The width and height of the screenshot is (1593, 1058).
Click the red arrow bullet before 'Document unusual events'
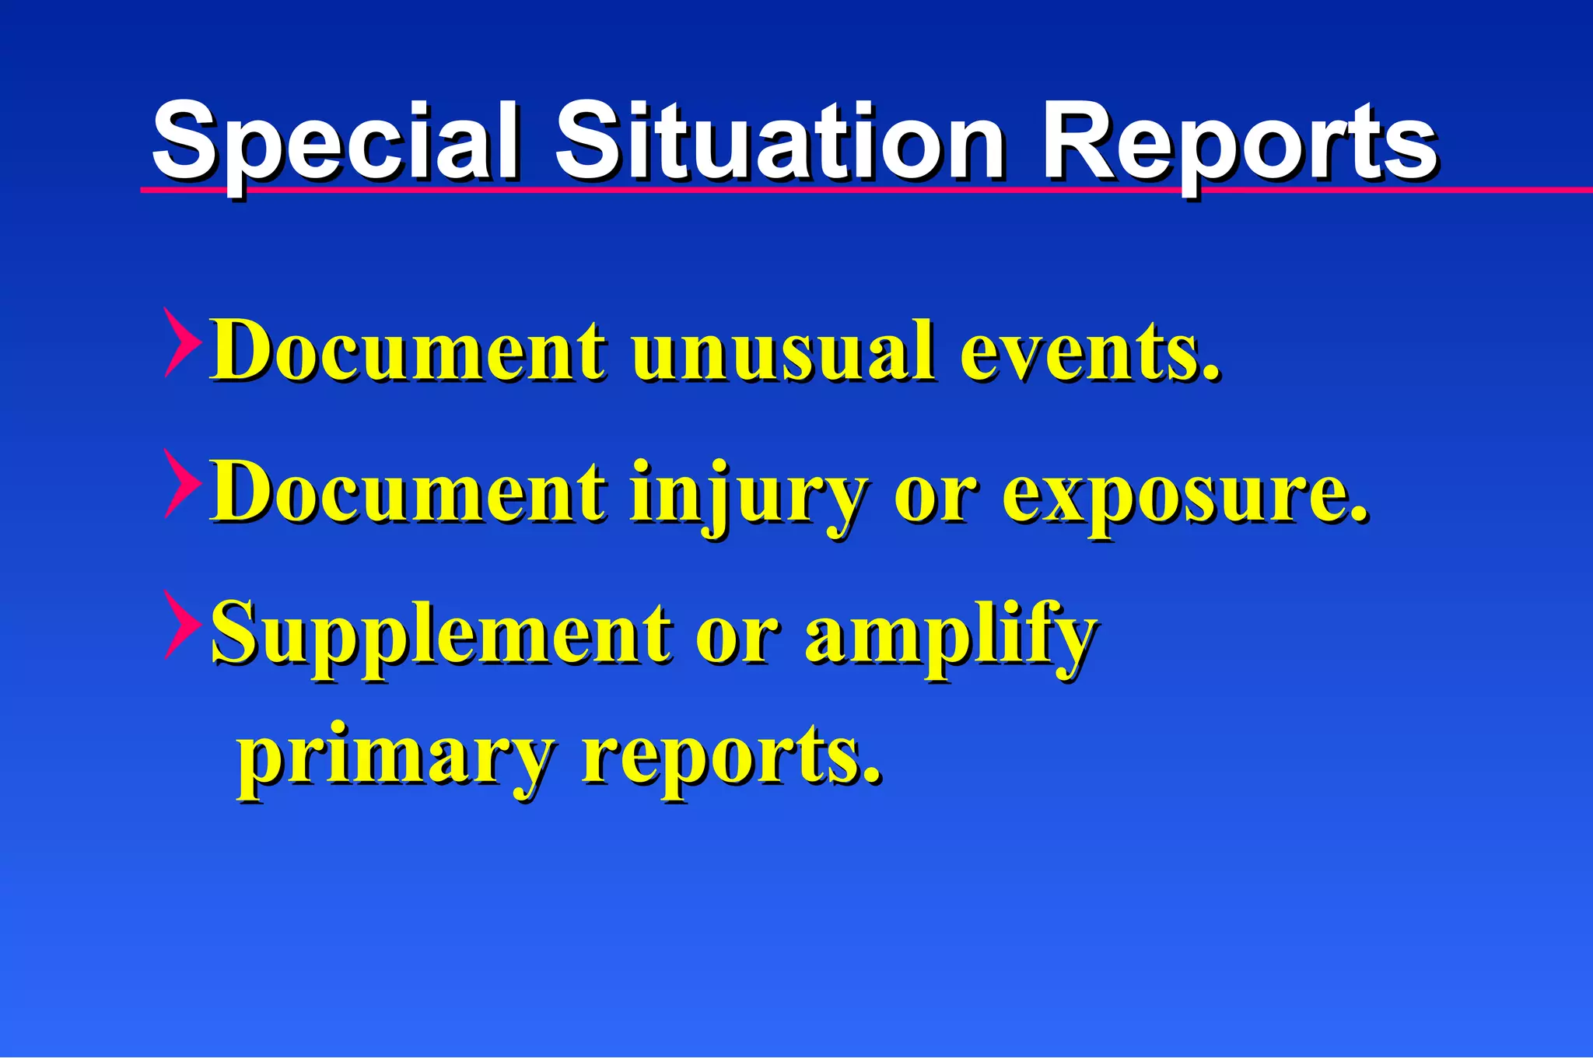pyautogui.click(x=181, y=342)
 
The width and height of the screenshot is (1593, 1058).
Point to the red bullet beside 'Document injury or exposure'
pyautogui.click(x=181, y=484)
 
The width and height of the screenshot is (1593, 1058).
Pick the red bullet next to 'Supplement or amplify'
pyautogui.click(x=181, y=625)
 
